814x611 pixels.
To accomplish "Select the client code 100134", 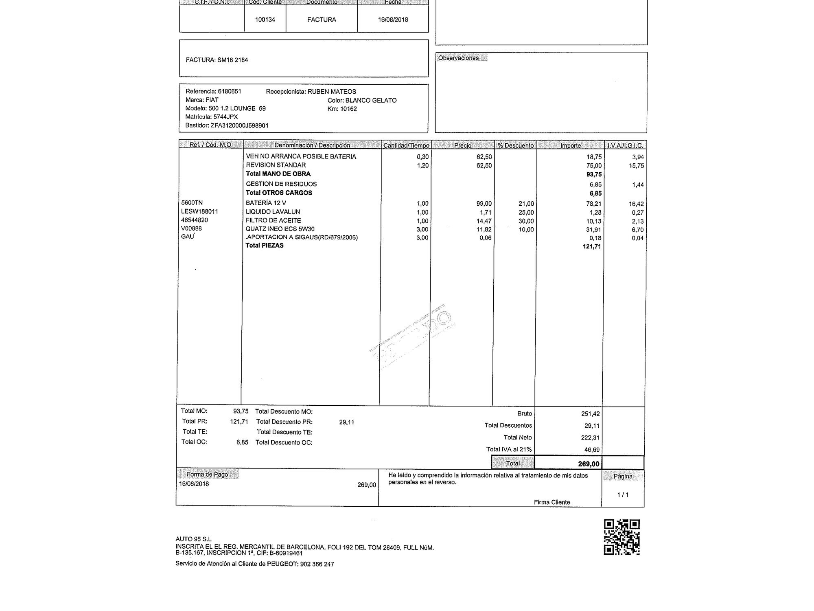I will coord(265,20).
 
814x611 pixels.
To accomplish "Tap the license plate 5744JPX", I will coord(225,117).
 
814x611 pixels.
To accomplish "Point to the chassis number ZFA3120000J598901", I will coord(239,125).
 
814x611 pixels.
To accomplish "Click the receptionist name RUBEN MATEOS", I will coord(332,92).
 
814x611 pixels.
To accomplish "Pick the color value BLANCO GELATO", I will coord(371,100).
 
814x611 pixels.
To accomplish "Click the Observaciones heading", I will coord(458,58).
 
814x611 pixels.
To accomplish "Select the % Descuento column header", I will coord(515,145).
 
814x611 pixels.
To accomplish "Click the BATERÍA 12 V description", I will coord(266,203).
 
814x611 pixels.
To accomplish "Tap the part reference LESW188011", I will coord(199,211).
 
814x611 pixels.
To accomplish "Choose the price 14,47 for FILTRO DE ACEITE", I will coord(484,221).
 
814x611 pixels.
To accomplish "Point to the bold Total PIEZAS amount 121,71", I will coord(592,246).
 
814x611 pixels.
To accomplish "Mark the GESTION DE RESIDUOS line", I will coord(281,184).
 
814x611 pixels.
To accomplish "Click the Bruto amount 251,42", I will coord(590,414).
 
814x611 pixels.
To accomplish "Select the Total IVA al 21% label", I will coord(509,449).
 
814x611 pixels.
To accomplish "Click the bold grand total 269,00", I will coord(589,464).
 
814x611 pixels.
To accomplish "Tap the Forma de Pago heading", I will coord(207,475).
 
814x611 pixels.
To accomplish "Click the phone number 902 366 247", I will coord(317,564).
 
